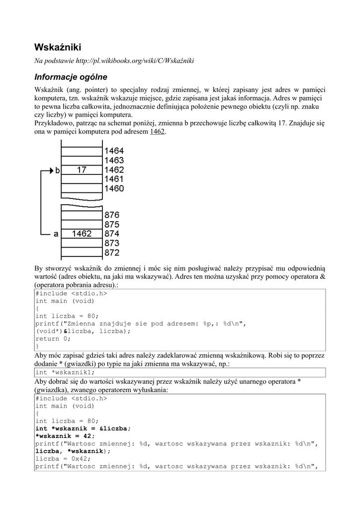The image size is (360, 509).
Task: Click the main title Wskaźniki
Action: pos(57,47)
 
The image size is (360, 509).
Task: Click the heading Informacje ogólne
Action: pos(71,77)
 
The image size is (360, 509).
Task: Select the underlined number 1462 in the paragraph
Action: pos(158,132)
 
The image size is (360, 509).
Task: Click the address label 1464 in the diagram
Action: pos(114,151)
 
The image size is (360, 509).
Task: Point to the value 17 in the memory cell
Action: pos(82,170)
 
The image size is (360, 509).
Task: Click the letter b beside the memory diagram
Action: pos(58,170)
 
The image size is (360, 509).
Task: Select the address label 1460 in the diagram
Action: pos(114,189)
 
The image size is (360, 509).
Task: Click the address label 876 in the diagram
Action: pos(112,215)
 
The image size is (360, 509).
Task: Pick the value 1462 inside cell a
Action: pos(82,234)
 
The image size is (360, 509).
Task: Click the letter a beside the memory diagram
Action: pos(56,234)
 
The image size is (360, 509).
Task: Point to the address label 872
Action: pos(112,253)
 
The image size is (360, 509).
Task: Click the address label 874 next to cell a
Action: pos(112,234)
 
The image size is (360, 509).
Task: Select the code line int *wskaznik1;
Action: pos(65,372)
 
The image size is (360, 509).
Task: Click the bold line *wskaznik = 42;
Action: pos(65,435)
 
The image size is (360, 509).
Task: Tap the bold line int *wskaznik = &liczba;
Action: pos(83,428)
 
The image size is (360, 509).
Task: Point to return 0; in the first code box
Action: pos(53,339)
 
